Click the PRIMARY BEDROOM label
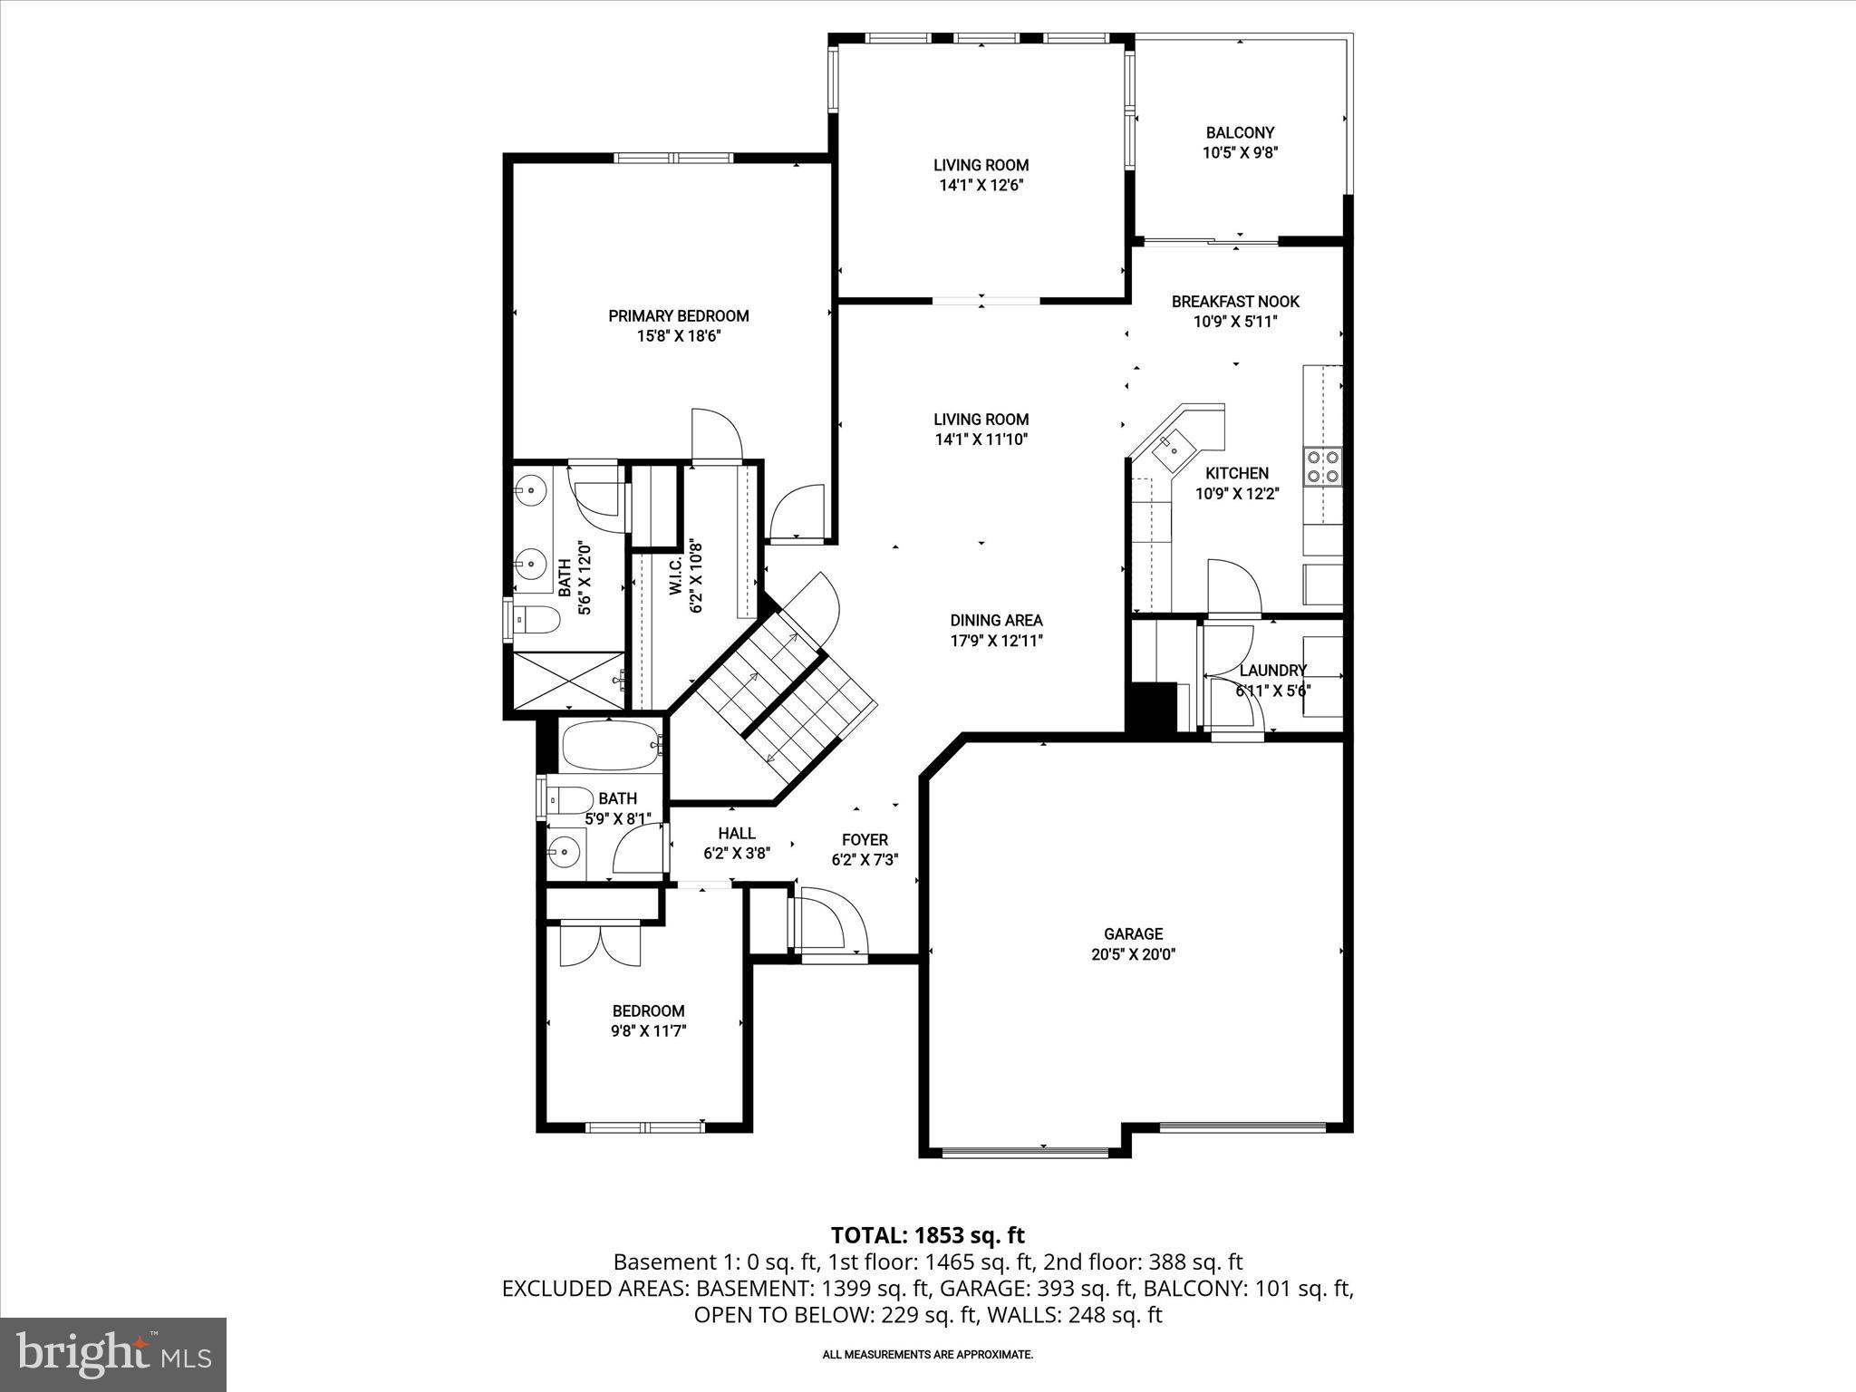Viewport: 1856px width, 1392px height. coord(678,316)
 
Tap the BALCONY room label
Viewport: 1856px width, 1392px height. coord(1240,132)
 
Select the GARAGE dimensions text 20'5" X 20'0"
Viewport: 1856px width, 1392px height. coord(1133,954)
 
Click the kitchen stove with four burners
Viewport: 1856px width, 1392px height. coord(1322,467)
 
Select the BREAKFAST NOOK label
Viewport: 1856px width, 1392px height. coord(1235,302)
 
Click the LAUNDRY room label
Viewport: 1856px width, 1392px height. coord(1272,671)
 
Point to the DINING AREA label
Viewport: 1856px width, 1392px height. coord(996,621)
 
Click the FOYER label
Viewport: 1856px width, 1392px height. coord(865,840)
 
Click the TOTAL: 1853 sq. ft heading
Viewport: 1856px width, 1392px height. coord(927,1235)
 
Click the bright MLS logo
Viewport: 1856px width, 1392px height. coord(113,1354)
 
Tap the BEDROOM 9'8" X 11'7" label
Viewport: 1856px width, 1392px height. coord(648,1011)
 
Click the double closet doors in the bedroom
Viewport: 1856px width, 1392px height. coord(600,944)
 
